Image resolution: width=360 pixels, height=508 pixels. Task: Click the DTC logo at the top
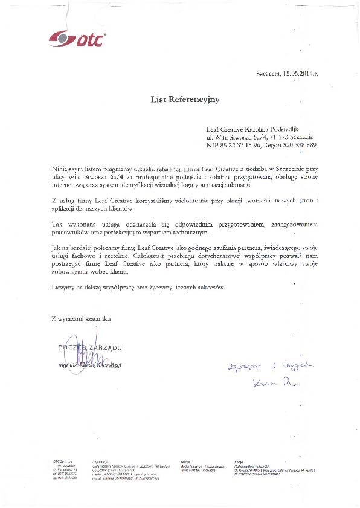click(x=77, y=39)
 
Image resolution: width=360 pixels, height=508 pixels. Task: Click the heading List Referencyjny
click(x=185, y=98)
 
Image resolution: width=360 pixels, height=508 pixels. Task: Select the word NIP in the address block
click(x=213, y=146)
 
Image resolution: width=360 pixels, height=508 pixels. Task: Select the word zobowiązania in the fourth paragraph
click(x=72, y=274)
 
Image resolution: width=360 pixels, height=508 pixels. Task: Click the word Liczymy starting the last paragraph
click(x=63, y=288)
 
